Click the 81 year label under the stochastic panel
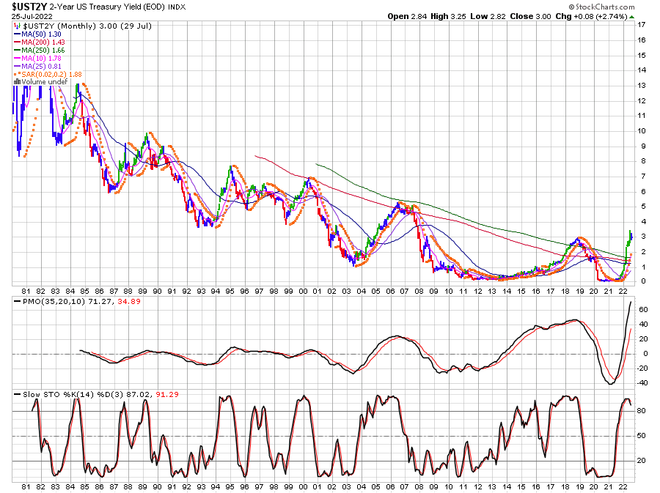[x=26, y=486]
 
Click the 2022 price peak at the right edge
[x=630, y=232]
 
